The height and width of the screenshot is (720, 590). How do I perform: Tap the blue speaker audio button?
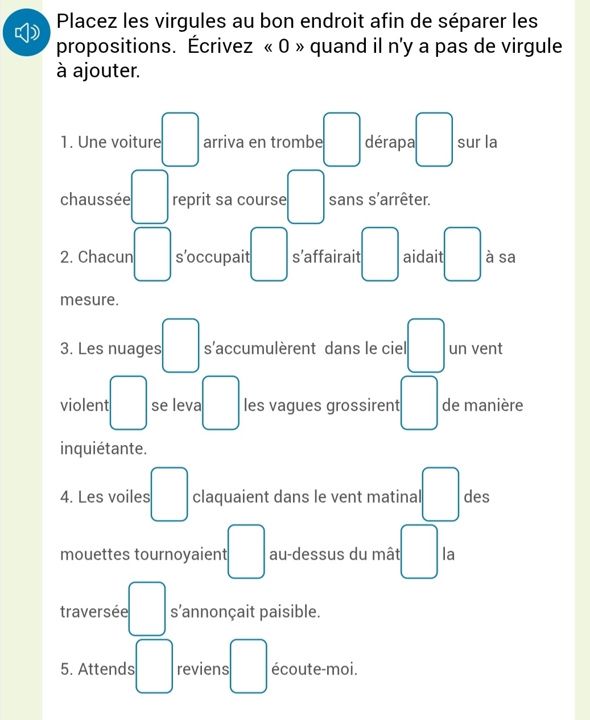(26, 32)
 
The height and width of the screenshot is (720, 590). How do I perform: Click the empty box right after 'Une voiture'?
(180, 139)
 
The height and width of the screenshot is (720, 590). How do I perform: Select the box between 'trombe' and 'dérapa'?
(342, 139)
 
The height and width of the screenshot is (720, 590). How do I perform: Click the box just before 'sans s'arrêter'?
(306, 197)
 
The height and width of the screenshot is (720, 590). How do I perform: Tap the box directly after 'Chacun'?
(152, 254)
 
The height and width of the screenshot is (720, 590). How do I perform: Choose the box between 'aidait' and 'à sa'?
(463, 254)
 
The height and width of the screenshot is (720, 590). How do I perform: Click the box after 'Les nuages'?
(181, 345)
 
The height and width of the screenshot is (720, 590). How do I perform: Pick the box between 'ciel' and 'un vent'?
(426, 345)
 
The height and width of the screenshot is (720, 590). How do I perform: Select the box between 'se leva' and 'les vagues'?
(221, 403)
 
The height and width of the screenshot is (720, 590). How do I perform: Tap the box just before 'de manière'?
(419, 403)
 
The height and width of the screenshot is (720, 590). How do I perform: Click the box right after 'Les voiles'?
(170, 494)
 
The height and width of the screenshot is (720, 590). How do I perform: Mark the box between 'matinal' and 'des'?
(441, 494)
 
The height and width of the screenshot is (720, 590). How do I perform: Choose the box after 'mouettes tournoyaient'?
(246, 552)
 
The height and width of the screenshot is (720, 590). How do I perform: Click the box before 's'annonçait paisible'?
(147, 609)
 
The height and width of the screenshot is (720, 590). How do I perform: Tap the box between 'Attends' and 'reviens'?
(154, 667)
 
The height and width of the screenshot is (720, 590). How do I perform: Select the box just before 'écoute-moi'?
(249, 667)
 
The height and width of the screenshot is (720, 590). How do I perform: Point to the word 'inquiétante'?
(104, 449)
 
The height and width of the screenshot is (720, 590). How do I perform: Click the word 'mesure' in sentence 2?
(89, 300)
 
